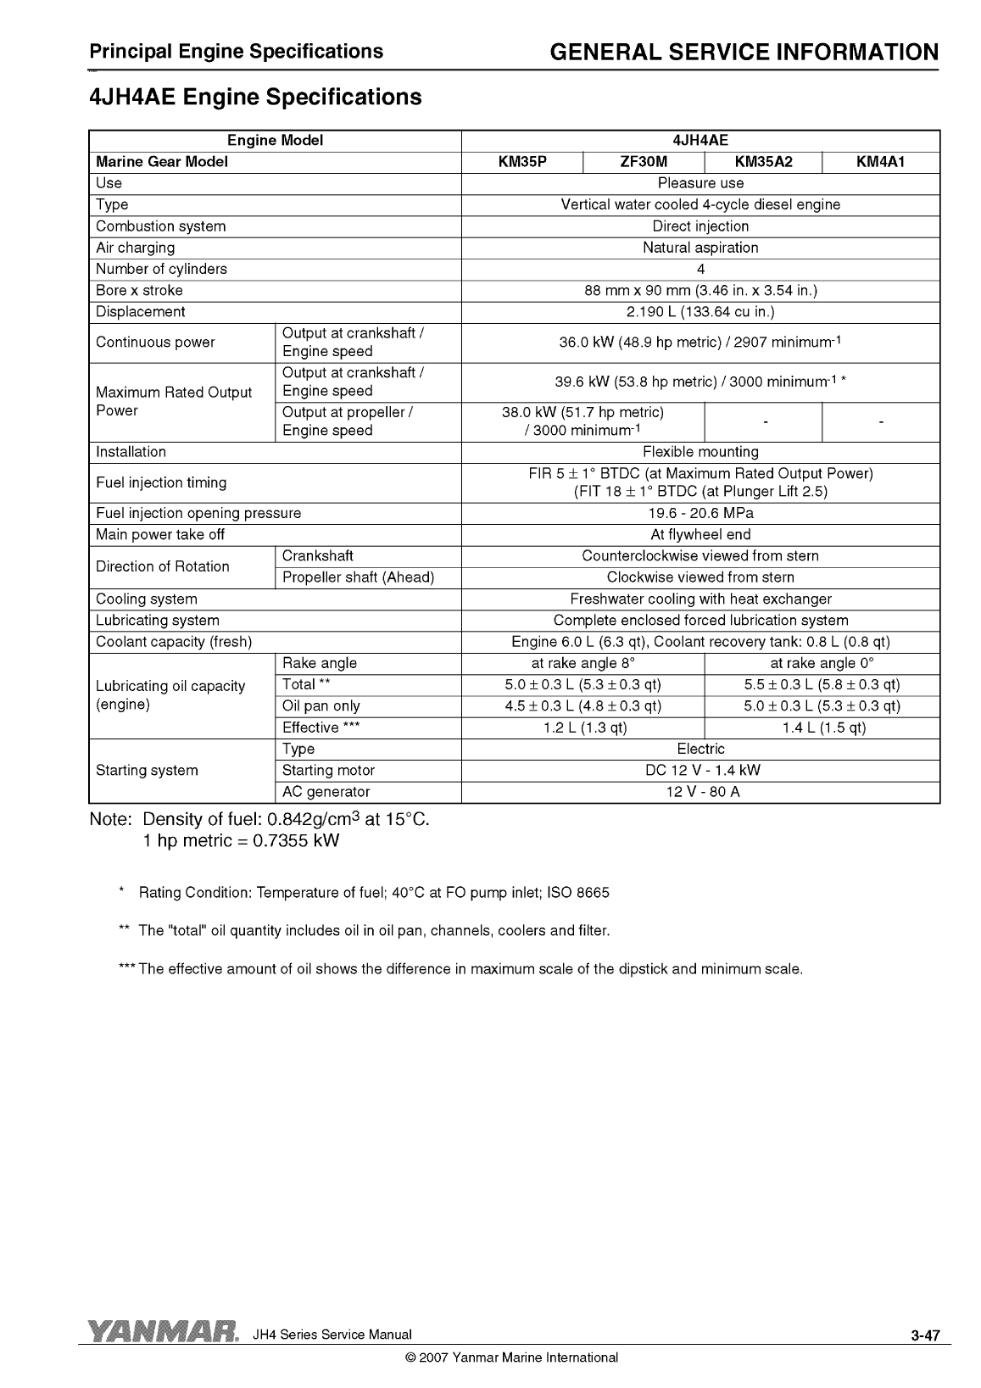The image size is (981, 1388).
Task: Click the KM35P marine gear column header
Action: (522, 162)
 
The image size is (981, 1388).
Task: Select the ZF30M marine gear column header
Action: (644, 162)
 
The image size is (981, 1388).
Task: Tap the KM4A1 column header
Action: (880, 162)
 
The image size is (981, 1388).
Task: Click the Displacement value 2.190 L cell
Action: (700, 312)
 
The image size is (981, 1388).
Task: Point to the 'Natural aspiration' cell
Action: (700, 248)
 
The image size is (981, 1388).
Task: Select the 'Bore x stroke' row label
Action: (139, 290)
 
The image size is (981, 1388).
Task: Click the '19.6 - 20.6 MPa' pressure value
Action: (700, 513)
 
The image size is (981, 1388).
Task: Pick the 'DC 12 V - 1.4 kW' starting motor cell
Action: (700, 770)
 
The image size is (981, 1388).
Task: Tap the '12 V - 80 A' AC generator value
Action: (700, 792)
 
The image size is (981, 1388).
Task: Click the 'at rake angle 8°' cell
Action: (582, 663)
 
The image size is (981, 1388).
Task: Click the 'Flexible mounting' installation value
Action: (700, 452)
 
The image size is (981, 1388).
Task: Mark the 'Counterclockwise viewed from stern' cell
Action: (700, 556)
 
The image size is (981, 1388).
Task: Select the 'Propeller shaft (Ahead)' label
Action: (358, 577)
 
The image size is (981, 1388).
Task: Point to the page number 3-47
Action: (925, 1336)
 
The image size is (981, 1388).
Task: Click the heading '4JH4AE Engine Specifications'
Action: (255, 97)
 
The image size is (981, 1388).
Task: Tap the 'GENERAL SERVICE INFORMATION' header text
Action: (744, 53)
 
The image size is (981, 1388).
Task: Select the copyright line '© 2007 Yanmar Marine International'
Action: (512, 1357)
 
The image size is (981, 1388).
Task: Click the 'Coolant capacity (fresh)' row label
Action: (174, 642)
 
